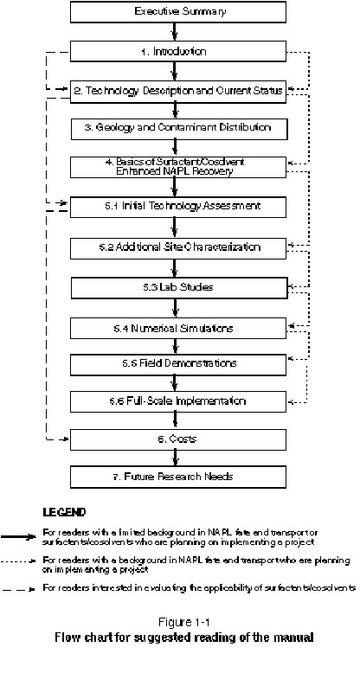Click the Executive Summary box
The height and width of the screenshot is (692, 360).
(179, 12)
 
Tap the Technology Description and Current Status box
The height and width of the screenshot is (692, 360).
(177, 90)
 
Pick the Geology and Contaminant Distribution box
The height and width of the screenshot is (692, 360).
(177, 128)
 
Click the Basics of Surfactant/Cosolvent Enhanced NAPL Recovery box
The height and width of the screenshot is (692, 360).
(177, 167)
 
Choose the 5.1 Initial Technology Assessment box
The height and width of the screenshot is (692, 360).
(177, 208)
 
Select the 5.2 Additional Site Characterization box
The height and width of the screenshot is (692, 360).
(177, 247)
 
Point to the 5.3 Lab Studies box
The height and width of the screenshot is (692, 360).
(177, 286)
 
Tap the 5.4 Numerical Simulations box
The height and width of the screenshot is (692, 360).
(177, 328)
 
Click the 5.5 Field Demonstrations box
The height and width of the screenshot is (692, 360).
(177, 363)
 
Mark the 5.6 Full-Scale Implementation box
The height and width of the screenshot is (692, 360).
(177, 401)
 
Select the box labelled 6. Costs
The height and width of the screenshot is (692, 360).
(177, 439)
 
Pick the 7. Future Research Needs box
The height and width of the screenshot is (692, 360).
(177, 477)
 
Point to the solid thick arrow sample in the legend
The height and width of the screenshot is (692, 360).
(21, 536)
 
